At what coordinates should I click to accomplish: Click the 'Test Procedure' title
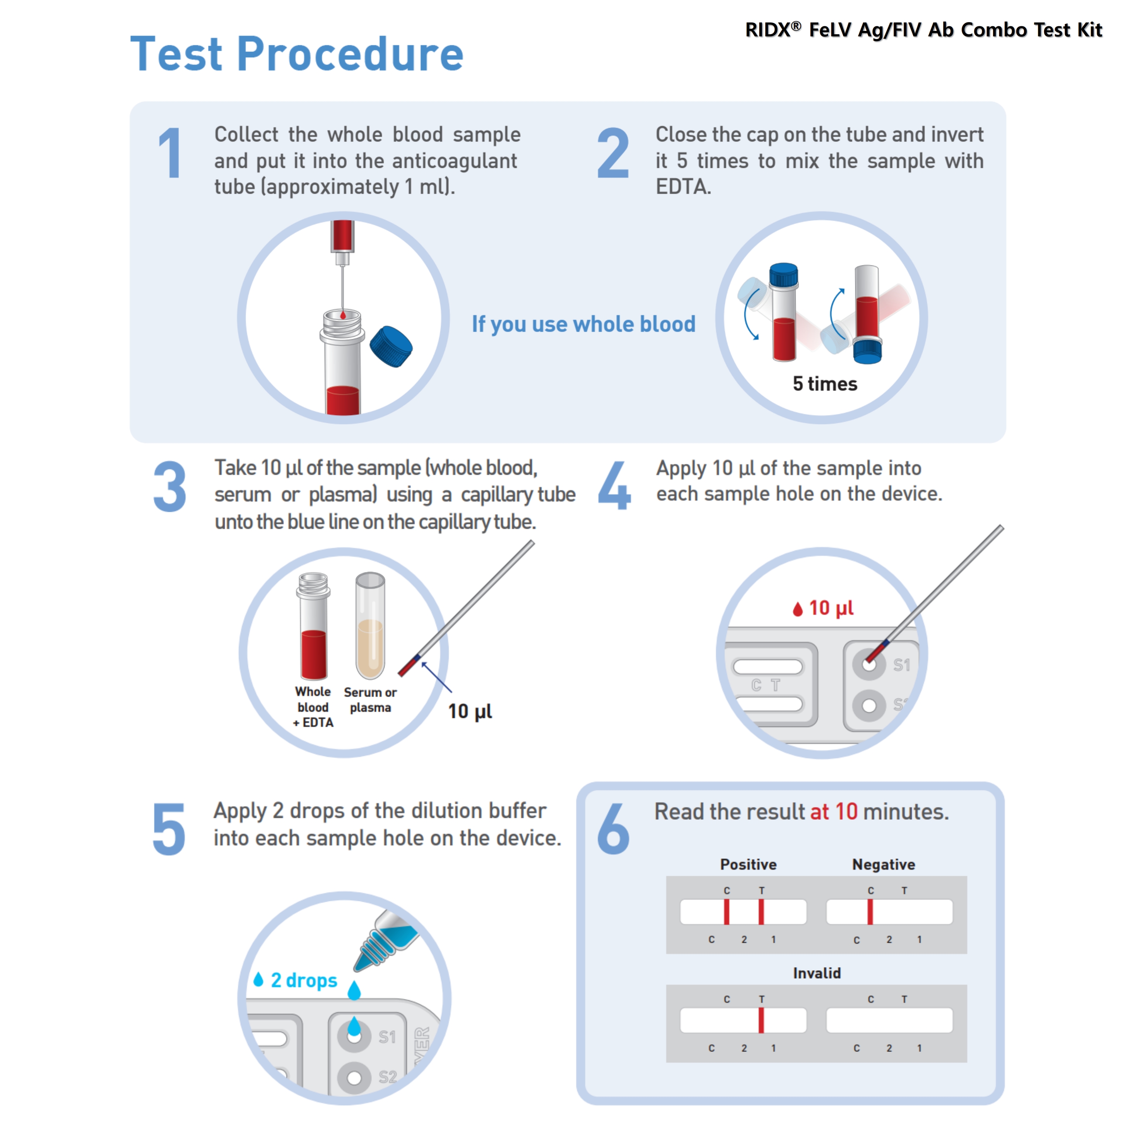coord(296,55)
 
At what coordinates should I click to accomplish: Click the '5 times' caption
coord(824,384)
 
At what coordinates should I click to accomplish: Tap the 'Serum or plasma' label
coord(370,699)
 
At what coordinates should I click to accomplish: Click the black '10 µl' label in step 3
coord(470,711)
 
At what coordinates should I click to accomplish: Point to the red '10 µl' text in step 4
coord(831,608)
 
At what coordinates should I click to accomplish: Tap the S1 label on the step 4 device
coord(901,665)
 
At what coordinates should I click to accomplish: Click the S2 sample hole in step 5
coord(354,1077)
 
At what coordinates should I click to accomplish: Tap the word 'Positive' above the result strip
coord(748,864)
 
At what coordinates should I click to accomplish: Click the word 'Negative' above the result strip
coord(883,864)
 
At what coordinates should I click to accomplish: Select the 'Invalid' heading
coord(816,973)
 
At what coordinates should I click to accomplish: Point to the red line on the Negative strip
coord(870,911)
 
